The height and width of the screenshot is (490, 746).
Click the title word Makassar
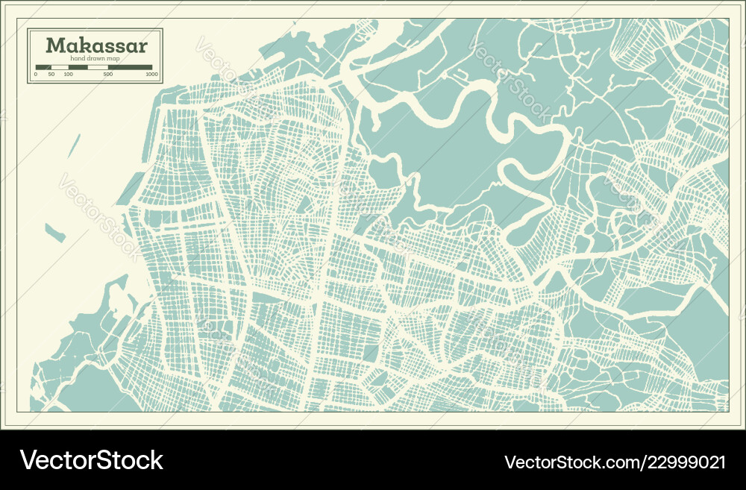(97, 45)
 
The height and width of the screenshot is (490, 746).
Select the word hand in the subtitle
(77, 58)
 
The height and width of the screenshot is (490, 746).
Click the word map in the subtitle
(113, 58)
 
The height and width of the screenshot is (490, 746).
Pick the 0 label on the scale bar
(36, 75)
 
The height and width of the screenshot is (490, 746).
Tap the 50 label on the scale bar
(51, 75)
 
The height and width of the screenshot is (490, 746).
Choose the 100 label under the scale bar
(69, 75)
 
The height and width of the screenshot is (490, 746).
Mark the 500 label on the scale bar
(108, 75)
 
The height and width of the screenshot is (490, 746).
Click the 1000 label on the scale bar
(152, 75)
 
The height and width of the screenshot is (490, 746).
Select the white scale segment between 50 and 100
(60, 67)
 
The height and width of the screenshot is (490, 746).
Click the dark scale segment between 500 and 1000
(130, 67)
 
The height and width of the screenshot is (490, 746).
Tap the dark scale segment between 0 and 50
(43, 67)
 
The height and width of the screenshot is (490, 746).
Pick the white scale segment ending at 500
(98, 67)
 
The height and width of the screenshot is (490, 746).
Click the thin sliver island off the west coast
(74, 146)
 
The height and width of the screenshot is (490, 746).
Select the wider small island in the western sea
(55, 233)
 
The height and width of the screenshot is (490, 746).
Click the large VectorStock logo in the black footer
(91, 459)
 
